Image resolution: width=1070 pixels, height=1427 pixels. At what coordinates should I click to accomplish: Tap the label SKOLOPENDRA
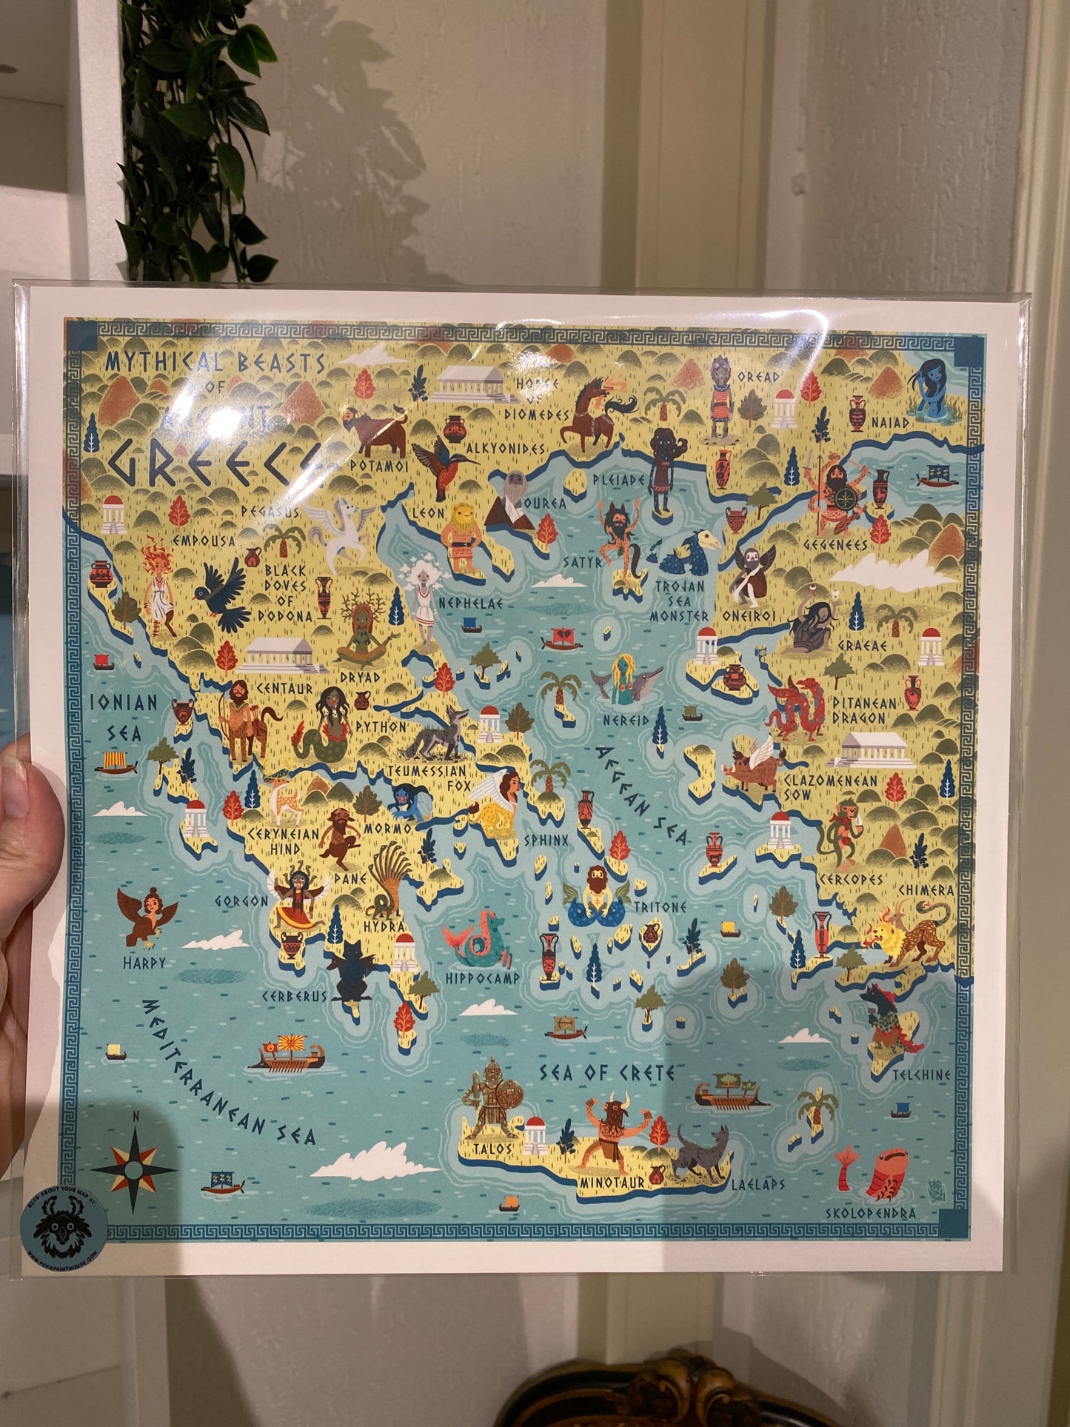(x=871, y=1213)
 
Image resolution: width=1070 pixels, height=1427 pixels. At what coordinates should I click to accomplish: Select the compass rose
(x=134, y=1169)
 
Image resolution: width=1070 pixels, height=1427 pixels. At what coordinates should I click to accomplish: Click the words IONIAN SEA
(x=124, y=717)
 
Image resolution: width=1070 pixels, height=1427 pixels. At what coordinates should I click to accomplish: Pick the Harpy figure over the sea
(x=146, y=918)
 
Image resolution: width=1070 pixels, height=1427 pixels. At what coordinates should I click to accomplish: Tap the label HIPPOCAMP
(x=482, y=978)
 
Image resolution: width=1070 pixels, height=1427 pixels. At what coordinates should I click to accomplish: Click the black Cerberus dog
(x=350, y=969)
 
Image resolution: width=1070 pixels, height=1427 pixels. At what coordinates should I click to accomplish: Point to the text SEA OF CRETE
(x=606, y=1072)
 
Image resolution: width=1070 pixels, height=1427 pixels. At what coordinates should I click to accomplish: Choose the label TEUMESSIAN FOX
(x=427, y=778)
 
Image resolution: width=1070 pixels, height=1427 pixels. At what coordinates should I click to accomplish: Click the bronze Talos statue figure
(x=490, y=1098)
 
